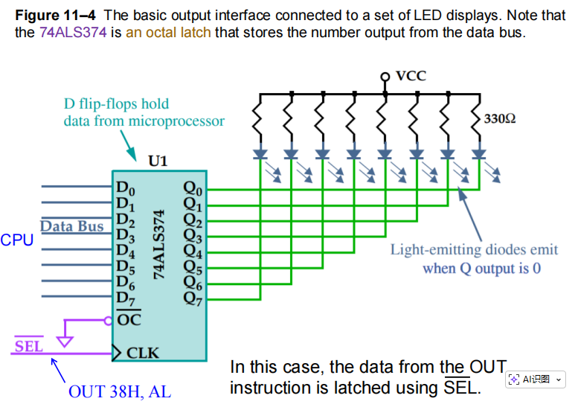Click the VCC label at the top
411,76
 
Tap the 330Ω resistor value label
499,119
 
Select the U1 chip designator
158,161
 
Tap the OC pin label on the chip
129,321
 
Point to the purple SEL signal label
29,346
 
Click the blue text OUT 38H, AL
119,391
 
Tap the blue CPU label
16,240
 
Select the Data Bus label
71,226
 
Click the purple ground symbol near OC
65,342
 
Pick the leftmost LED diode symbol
260,154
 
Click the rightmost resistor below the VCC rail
479,119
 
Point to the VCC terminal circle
385,76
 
